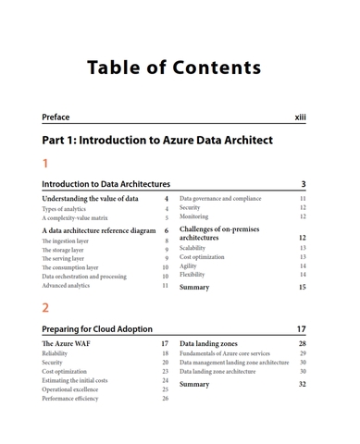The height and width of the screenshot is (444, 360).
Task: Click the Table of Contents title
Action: pos(174,68)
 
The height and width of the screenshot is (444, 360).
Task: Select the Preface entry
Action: pos(56,117)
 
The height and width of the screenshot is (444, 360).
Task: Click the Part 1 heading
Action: pos(157,141)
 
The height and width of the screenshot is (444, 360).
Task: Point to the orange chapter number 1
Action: pos(45,164)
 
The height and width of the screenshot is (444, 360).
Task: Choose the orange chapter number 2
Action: pos(45,308)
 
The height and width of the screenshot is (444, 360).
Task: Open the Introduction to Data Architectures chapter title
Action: pos(106,185)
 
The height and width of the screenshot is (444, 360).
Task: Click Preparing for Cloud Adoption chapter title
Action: pos(97,329)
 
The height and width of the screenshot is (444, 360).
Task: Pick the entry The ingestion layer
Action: pos(66,240)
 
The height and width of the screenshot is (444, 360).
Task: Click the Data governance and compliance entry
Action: pos(220,199)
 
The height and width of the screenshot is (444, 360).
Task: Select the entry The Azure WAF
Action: pos(66,343)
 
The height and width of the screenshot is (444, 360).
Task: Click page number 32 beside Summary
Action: pos(302,383)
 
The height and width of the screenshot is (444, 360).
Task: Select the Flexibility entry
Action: pos(192,275)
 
